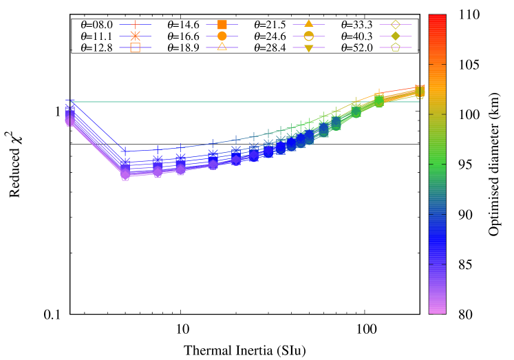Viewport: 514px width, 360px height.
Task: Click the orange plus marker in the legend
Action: click(135, 24)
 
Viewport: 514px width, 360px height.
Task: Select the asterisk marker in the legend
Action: click(135, 36)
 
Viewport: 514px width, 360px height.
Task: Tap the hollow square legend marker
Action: click(135, 47)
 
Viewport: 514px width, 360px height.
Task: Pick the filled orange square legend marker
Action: click(222, 24)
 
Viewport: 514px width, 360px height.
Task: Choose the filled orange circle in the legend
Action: click(222, 36)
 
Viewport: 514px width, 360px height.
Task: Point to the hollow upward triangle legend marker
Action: click(222, 47)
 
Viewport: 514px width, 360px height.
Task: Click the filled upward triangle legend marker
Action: click(308, 24)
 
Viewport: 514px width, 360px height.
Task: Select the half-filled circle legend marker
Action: click(308, 36)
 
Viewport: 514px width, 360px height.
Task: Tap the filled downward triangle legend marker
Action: click(308, 47)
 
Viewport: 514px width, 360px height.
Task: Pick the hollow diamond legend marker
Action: click(395, 24)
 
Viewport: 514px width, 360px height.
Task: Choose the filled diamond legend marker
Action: click(395, 36)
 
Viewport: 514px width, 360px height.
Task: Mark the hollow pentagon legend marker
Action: click(395, 47)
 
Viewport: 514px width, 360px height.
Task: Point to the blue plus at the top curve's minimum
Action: click(125, 151)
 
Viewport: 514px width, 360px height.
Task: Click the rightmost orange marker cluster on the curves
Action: click(419, 91)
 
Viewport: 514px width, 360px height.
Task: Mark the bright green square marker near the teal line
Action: click(378, 100)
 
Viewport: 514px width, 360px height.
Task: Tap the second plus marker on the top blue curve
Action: click(158, 149)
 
